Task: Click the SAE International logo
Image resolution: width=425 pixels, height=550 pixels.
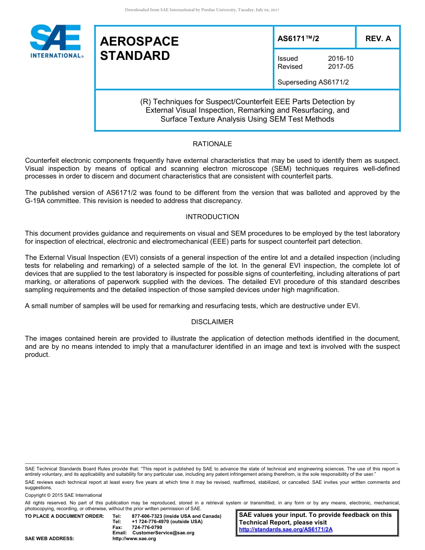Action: coord(56,41)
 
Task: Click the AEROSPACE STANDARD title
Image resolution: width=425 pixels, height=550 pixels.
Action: coord(139,48)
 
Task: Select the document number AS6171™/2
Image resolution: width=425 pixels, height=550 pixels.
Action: coord(298,38)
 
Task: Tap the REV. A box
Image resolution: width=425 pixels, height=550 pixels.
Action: coord(378,38)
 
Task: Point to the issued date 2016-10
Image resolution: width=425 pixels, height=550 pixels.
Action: coord(340,59)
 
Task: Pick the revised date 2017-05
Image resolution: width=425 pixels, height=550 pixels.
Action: coord(340,67)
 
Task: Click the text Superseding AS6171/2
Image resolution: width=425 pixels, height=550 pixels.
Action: coord(313,82)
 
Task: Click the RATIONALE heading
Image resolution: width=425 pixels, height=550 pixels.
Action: coord(212,144)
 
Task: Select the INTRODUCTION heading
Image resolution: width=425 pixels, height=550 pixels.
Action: coord(212,217)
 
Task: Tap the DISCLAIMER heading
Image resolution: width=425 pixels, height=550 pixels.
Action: coord(212,322)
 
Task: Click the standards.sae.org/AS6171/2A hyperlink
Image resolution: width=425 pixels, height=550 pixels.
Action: coord(286,529)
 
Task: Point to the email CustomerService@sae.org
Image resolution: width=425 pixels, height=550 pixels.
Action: coord(163,533)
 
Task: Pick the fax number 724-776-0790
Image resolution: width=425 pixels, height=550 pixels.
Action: coord(147,528)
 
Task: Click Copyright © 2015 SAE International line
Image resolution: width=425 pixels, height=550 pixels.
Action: coord(64,495)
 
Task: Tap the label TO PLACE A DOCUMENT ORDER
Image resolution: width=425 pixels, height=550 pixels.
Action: coord(64,516)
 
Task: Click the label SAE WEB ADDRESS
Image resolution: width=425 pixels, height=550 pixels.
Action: coord(49,539)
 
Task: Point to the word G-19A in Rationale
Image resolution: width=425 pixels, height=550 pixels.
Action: coord(35,201)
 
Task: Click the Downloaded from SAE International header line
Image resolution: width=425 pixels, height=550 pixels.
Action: coord(202,10)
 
